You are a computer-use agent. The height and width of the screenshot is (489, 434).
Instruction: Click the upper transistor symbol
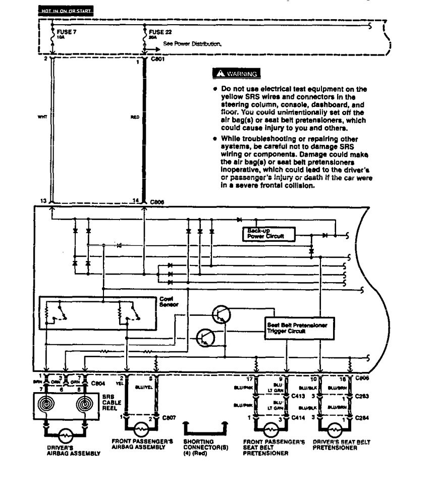tap(221, 314)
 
